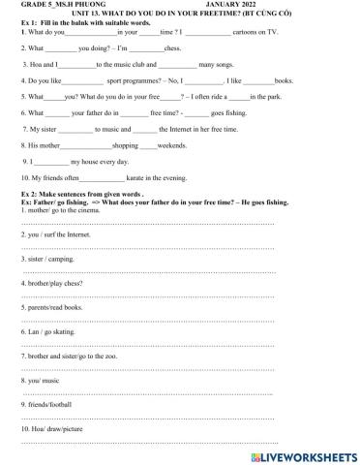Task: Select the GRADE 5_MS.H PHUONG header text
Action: (60, 5)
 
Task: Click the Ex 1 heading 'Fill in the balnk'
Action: (76, 22)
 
